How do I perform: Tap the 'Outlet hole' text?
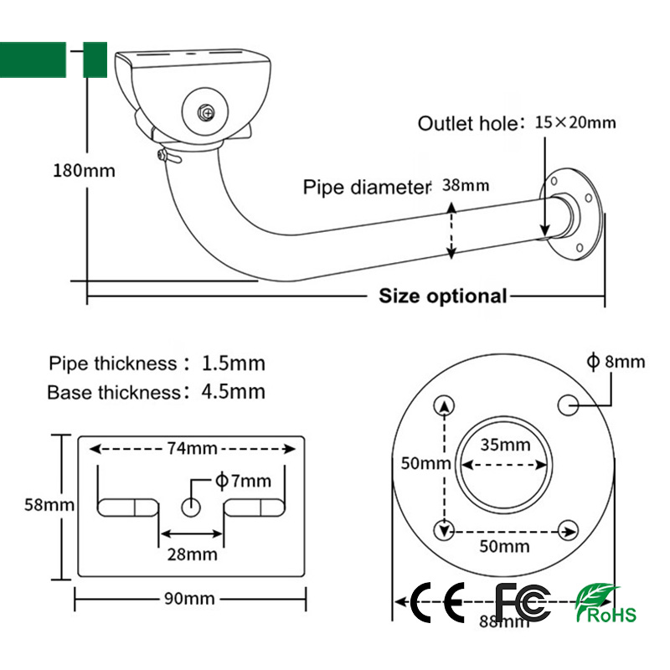pyautogui.click(x=468, y=124)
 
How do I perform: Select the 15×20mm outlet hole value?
pyautogui.click(x=575, y=122)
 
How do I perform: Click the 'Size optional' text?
pyautogui.click(x=443, y=296)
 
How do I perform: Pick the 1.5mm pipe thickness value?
pyautogui.click(x=234, y=363)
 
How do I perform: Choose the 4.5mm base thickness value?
pyautogui.click(x=234, y=391)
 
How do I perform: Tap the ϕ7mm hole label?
pyautogui.click(x=244, y=480)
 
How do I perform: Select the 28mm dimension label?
pyautogui.click(x=193, y=554)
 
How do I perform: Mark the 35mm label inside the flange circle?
pyautogui.click(x=504, y=444)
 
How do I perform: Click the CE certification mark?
pyautogui.click(x=439, y=600)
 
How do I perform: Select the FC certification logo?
pyautogui.click(x=523, y=600)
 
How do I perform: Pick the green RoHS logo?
pyautogui.click(x=606, y=603)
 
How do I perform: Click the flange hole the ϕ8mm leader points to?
pyautogui.click(x=569, y=405)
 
